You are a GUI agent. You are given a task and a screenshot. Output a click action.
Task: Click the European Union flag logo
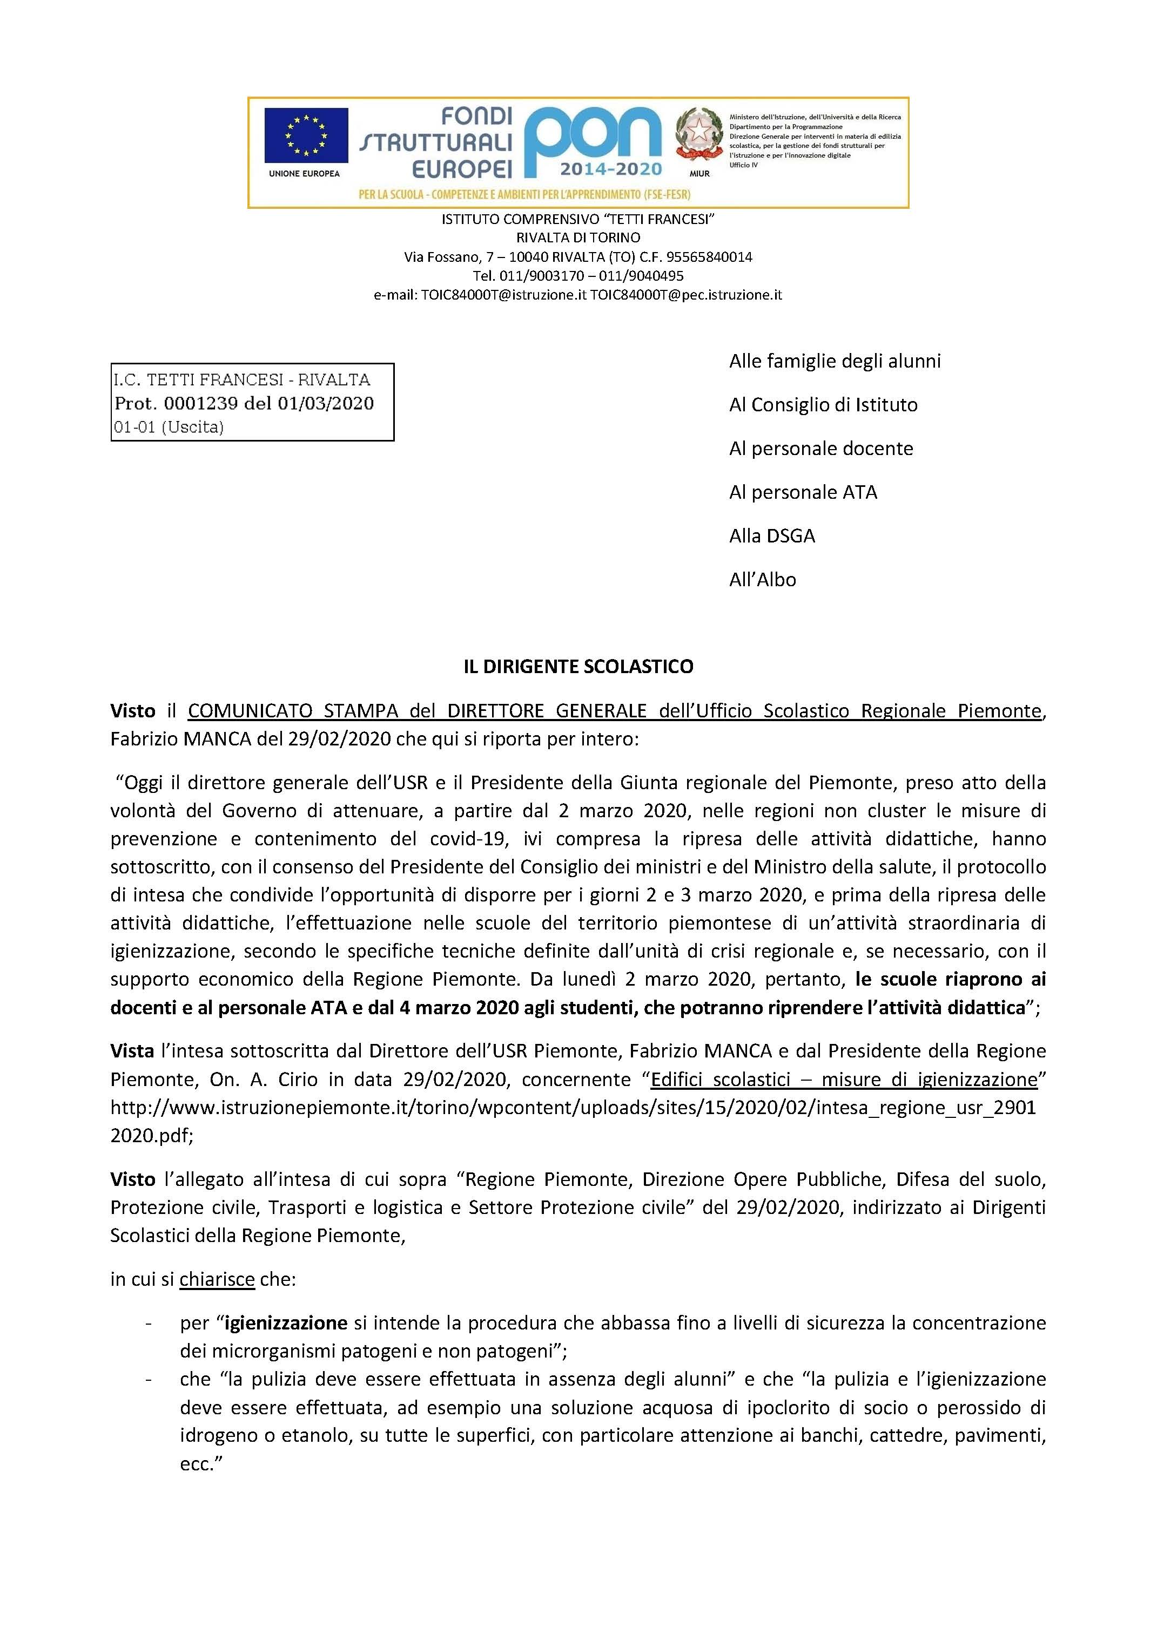pos(306,136)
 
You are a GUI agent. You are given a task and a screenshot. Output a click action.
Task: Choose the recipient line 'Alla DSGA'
pos(771,535)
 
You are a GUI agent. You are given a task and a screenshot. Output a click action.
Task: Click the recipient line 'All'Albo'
pos(762,580)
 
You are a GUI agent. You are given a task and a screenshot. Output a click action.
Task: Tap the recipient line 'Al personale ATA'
pos(803,492)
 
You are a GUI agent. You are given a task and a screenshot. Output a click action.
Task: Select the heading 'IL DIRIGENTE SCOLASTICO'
pos(578,667)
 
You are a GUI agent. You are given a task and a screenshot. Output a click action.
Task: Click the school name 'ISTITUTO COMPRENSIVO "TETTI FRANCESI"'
pos(578,219)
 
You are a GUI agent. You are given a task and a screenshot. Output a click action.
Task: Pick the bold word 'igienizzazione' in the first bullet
pos(286,1323)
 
